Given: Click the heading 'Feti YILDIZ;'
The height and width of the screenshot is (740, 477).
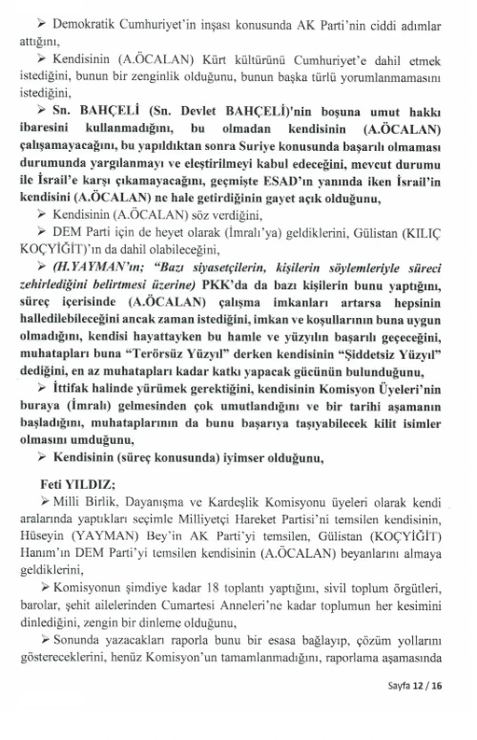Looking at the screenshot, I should pyautogui.click(x=78, y=485).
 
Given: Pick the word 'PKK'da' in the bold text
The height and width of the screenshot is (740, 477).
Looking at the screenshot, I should pyautogui.click(x=224, y=285).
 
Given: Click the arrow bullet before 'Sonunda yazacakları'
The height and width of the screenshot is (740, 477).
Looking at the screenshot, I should pyautogui.click(x=46, y=640).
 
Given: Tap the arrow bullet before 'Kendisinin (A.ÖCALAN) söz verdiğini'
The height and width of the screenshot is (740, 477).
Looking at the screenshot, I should pyautogui.click(x=42, y=215).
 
